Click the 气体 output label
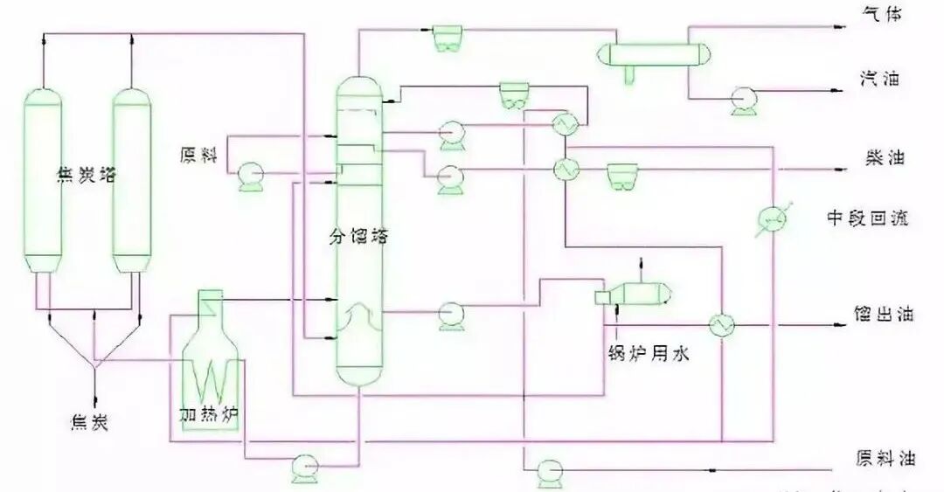[878, 16]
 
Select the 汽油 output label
[878, 80]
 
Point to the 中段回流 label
[867, 218]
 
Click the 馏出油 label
[883, 315]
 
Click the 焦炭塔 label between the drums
[86, 174]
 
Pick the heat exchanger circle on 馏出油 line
[723, 325]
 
